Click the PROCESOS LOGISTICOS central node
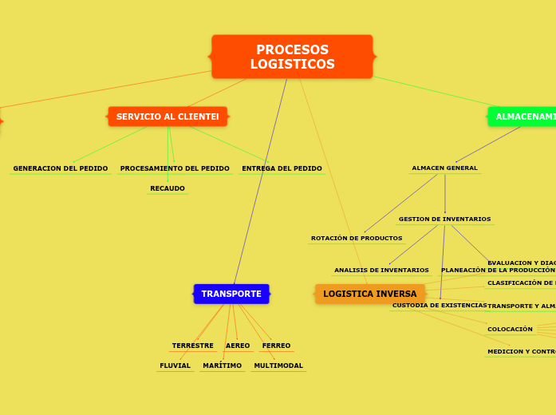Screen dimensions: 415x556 pos(292,57)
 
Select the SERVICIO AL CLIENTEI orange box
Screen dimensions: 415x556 pos(168,117)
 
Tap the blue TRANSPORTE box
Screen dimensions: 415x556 pos(231,294)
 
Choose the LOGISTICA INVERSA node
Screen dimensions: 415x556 pos(369,294)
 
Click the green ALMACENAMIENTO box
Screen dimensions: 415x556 pos(523,117)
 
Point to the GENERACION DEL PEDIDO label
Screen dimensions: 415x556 pos(61,168)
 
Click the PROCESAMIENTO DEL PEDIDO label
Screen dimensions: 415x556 pos(175,168)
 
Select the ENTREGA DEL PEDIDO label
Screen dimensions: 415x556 pos(282,168)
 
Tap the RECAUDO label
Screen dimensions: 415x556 pos(168,188)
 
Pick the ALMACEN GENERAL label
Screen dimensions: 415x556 pos(444,168)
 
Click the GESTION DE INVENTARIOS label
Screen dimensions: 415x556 pos(444,219)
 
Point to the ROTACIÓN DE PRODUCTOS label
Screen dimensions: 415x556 pos(357,238)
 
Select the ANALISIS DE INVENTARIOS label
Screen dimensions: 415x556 pos(381,270)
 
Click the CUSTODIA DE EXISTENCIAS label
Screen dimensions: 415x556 pos(440,305)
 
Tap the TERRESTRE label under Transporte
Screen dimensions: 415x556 pos(192,346)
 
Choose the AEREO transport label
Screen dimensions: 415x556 pos(238,346)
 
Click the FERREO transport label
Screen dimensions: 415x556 pos(276,346)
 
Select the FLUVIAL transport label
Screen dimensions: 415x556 pos(175,366)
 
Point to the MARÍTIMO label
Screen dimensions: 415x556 pos(222,366)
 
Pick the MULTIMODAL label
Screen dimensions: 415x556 pos(278,366)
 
